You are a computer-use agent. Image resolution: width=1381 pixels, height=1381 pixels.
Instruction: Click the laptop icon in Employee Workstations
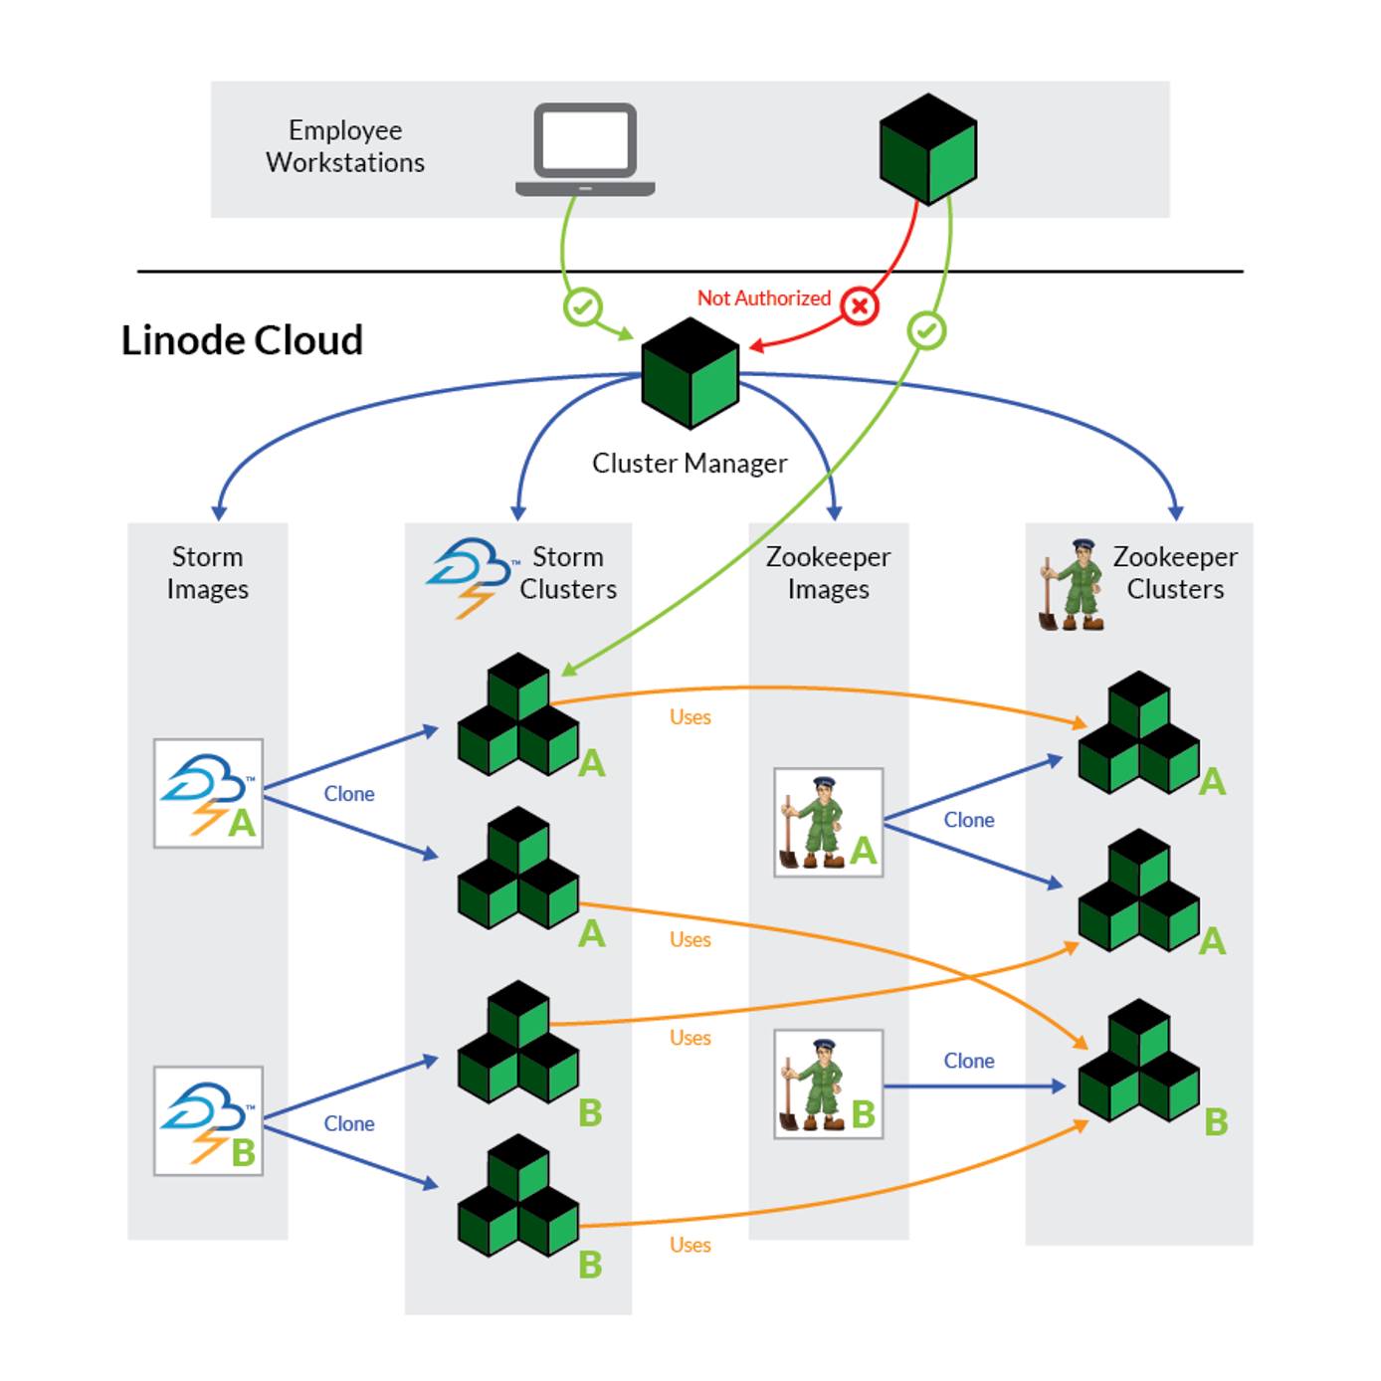[x=585, y=149]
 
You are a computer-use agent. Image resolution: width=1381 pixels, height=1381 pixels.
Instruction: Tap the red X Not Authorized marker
[x=860, y=305]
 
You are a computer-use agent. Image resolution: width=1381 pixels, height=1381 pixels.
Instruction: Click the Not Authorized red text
[x=763, y=297]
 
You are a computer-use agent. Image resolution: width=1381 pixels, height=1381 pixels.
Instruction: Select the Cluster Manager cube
[x=690, y=374]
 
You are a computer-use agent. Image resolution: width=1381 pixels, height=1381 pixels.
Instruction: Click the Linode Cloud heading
[x=242, y=340]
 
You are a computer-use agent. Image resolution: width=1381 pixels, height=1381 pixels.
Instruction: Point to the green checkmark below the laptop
[x=583, y=305]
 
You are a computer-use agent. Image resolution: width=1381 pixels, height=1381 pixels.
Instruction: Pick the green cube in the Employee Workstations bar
[x=927, y=149]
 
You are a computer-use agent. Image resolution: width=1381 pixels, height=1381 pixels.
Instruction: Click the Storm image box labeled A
[x=208, y=793]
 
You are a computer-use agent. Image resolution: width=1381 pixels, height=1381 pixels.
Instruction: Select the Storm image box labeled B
[x=208, y=1121]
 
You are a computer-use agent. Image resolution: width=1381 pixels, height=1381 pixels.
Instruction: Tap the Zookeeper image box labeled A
[x=828, y=822]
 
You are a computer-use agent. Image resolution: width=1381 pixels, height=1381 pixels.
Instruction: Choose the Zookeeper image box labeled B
[x=828, y=1085]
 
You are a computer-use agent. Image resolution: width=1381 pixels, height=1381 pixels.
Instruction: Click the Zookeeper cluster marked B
[x=1139, y=1062]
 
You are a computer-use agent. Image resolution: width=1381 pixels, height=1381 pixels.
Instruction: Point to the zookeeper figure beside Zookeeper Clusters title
[x=1072, y=585]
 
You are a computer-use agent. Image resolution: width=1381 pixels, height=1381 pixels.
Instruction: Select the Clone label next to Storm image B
[x=349, y=1123]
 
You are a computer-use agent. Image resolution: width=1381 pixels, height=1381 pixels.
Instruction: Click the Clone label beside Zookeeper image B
[x=968, y=1061]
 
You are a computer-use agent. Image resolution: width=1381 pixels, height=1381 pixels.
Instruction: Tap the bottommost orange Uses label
[x=690, y=1245]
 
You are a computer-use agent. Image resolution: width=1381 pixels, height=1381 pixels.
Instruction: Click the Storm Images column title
[x=207, y=572]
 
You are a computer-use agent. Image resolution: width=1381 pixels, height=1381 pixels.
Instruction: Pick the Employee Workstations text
[x=345, y=146]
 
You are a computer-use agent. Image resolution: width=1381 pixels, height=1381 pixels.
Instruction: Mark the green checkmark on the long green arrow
[x=926, y=330]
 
